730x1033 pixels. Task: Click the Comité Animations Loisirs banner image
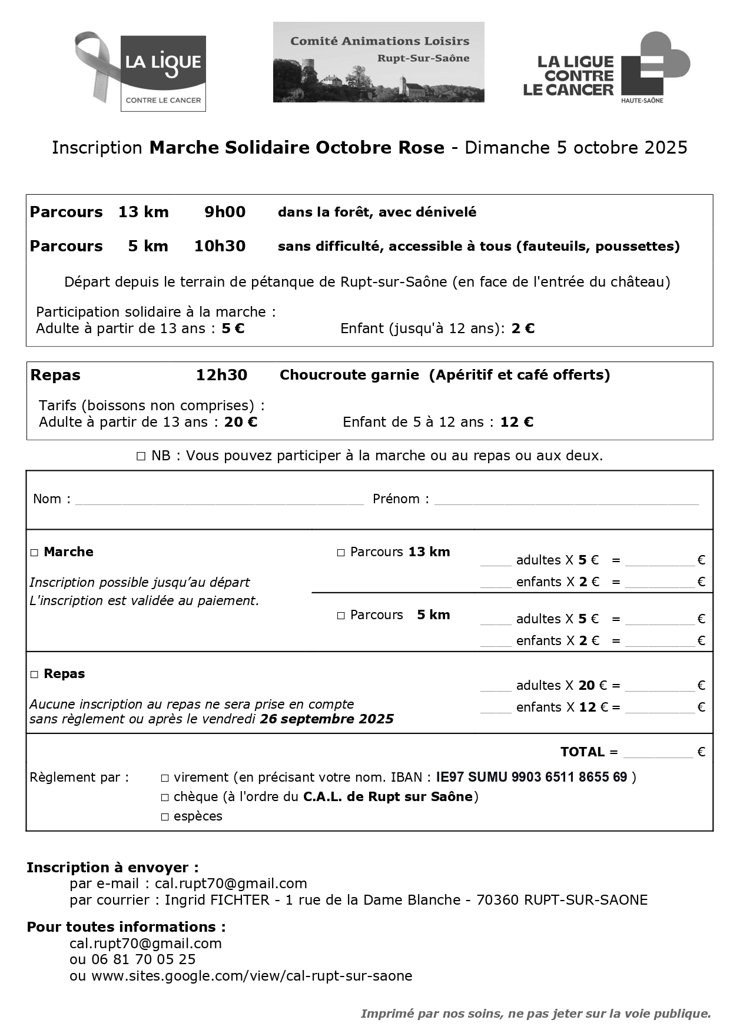[x=378, y=62]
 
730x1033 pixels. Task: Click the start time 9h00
[x=225, y=212]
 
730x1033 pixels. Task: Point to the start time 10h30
[x=220, y=246]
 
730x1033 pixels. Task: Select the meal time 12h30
[x=221, y=375]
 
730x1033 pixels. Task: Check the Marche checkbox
[x=34, y=553]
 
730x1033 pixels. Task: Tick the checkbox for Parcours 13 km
[x=341, y=553]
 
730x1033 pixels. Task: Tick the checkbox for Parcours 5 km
[x=341, y=616]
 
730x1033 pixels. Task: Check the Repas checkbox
[x=34, y=675]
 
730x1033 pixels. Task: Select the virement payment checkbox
[x=165, y=778]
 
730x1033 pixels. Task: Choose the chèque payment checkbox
[x=165, y=798]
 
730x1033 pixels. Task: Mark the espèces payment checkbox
[x=165, y=817]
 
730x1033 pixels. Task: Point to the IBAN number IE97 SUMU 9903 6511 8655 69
[x=531, y=777]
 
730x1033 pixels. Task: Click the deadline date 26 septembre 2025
[x=327, y=719]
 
